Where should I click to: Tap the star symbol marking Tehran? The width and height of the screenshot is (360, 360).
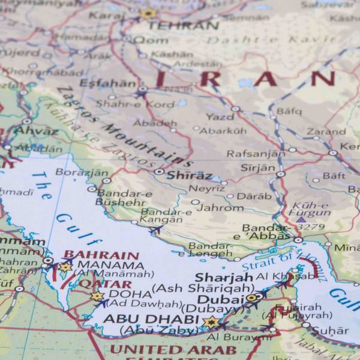coord(148,13)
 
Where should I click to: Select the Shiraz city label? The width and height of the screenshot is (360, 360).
coord(189,175)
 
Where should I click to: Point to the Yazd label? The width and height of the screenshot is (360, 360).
coord(220,116)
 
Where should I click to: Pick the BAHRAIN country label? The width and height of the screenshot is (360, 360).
coord(101,254)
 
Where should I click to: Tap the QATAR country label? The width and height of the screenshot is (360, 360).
coord(105,284)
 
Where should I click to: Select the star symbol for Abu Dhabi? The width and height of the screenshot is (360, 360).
coord(211,322)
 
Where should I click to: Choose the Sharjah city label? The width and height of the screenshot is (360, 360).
coord(224,277)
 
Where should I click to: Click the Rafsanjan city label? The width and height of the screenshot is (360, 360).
coord(256,153)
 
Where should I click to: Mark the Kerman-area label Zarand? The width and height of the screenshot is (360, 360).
coord(326,131)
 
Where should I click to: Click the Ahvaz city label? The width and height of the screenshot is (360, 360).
coord(36,130)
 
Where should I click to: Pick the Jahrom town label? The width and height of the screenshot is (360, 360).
coord(221,208)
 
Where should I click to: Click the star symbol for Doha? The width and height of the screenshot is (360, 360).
coord(97,296)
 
